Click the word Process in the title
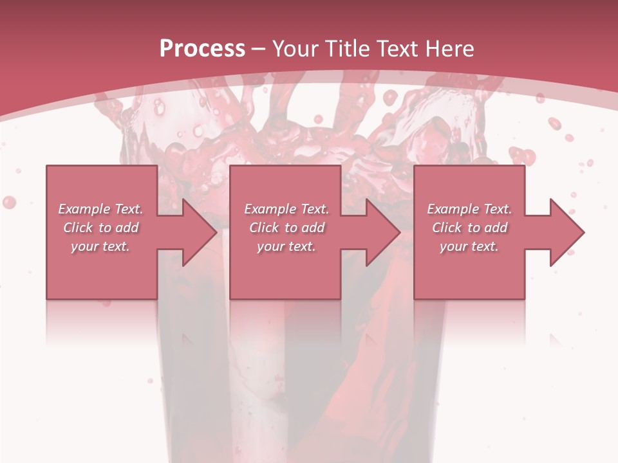(x=202, y=49)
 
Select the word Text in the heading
(x=397, y=49)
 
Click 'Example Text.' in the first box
(x=101, y=209)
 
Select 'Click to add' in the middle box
(x=286, y=228)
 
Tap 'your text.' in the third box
(x=469, y=246)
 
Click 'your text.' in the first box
(x=101, y=246)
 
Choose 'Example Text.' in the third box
(x=469, y=209)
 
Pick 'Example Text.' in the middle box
(x=286, y=209)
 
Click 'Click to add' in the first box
(x=101, y=228)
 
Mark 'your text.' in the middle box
(x=286, y=246)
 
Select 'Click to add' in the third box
(x=469, y=228)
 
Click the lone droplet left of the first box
(x=9, y=202)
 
